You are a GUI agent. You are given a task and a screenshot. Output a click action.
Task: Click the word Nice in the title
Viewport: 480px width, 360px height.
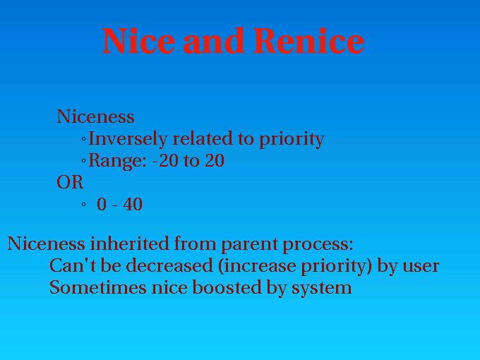pos(138,41)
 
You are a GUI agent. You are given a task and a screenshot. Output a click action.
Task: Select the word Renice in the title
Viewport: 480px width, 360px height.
pos(309,41)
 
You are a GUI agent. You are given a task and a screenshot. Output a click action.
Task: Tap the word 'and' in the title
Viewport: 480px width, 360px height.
pos(215,41)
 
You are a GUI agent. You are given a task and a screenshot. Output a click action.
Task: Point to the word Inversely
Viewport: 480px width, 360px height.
pos(128,139)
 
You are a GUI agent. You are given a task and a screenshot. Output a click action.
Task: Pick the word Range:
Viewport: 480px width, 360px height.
pos(118,161)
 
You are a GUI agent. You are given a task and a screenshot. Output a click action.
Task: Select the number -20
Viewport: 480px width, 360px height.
pos(165,161)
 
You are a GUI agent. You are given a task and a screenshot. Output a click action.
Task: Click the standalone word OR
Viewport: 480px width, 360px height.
pos(70,182)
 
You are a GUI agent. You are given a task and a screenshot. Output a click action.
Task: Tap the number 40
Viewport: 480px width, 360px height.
pos(133,205)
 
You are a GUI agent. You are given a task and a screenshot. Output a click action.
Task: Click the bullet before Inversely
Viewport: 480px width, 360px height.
pos(84,139)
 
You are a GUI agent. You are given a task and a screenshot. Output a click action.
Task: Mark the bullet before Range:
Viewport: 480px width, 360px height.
pos(84,161)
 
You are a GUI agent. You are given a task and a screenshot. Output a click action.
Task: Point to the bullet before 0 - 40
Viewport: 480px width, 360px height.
pos(84,205)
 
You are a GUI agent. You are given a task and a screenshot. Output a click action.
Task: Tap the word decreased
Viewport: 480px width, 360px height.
pos(169,265)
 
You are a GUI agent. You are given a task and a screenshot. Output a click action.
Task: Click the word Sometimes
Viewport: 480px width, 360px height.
pos(98,288)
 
